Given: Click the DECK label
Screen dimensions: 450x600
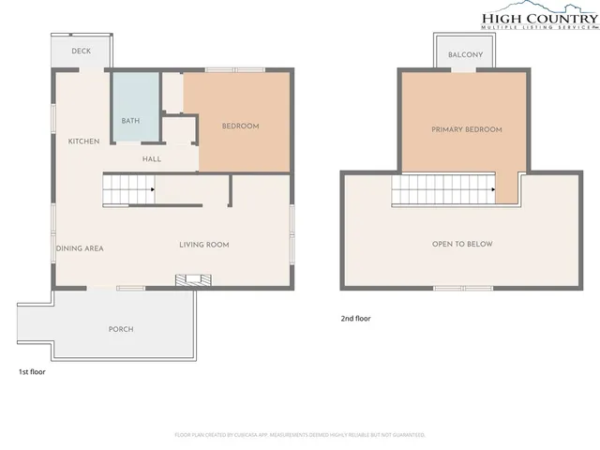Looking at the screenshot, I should click(82, 51).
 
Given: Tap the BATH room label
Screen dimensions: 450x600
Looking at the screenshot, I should click(131, 121).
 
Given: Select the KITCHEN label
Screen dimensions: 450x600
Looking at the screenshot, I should click(83, 142).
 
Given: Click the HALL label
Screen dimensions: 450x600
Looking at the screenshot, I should click(152, 159).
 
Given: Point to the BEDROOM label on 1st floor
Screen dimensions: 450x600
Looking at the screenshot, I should click(240, 126).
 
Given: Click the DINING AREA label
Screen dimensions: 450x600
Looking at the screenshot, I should click(80, 248).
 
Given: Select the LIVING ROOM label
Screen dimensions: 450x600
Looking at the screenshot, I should click(204, 245).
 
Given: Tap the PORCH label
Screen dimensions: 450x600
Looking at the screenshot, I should click(121, 329).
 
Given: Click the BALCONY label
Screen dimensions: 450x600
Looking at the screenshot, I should click(465, 55).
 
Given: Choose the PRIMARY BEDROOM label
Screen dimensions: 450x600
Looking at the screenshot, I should click(467, 129).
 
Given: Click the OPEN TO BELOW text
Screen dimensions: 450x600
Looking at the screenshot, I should click(462, 244).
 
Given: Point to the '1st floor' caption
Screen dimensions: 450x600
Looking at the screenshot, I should click(32, 372).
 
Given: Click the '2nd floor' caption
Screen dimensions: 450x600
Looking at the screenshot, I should click(355, 319).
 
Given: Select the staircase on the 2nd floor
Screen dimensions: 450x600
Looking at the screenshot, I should click(442, 191).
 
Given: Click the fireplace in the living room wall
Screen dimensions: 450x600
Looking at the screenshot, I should click(195, 279).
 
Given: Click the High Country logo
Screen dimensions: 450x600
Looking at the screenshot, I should click(538, 20).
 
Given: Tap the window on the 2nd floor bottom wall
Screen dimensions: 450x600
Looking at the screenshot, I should click(463, 287).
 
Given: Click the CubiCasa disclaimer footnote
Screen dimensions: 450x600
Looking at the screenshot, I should click(300, 435).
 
